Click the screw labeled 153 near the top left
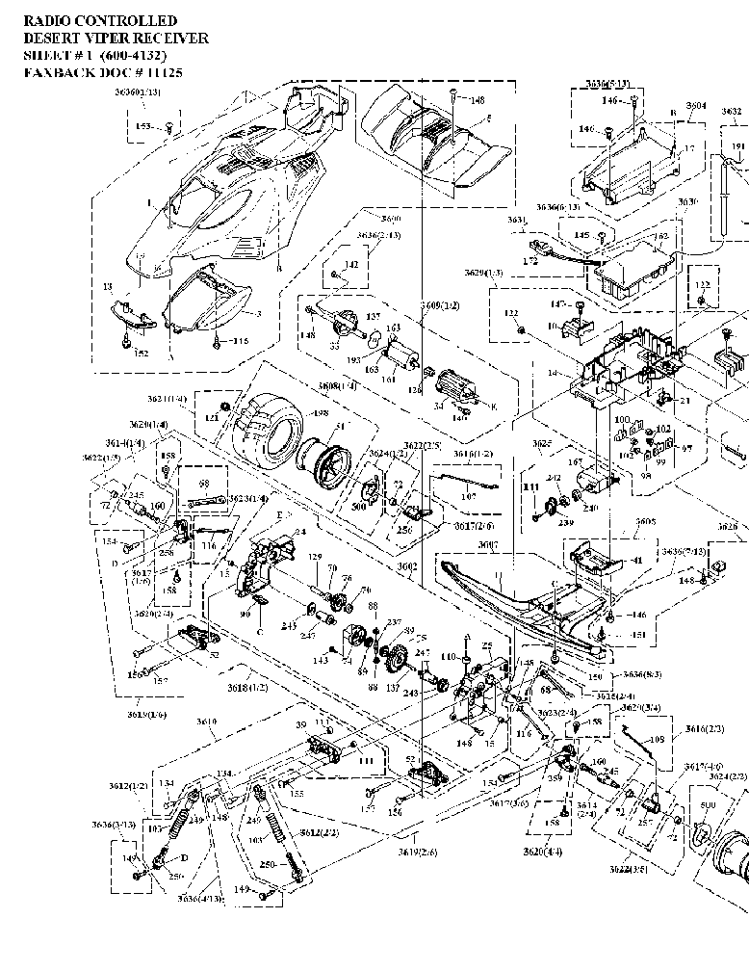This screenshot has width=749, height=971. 169,126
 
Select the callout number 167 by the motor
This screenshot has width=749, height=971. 579,463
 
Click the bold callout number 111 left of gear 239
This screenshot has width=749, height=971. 529,488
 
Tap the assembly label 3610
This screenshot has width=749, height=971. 207,722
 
